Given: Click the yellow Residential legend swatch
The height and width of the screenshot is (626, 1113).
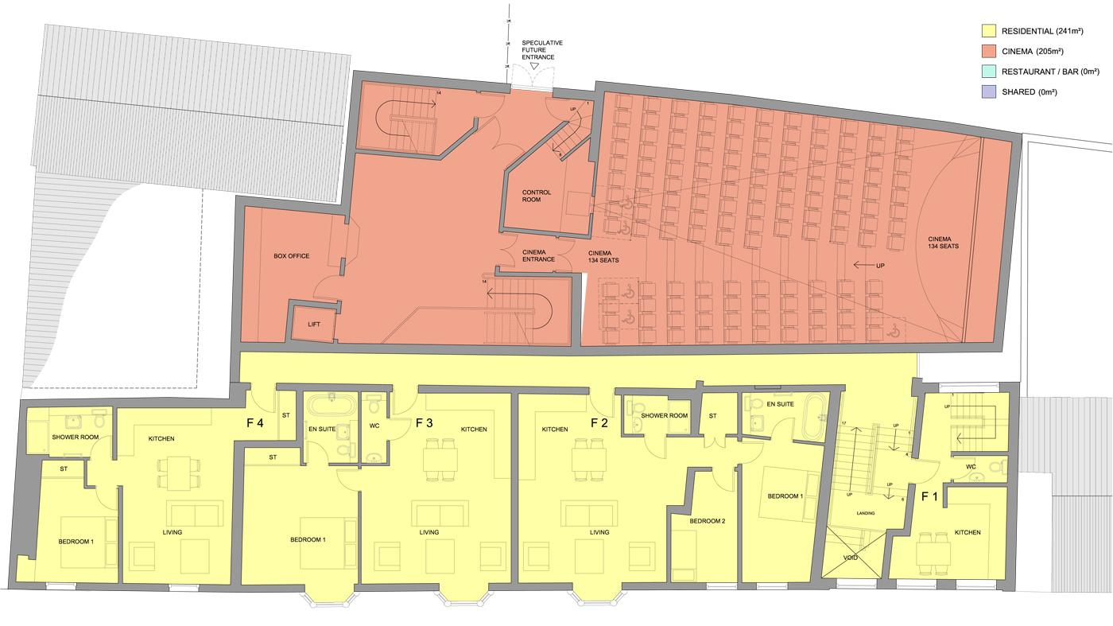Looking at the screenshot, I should pyautogui.click(x=989, y=32).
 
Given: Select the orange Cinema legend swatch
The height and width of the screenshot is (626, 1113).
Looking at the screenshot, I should pyautogui.click(x=989, y=52).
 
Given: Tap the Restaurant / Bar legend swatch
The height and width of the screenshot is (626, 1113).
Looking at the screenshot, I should pyautogui.click(x=989, y=72).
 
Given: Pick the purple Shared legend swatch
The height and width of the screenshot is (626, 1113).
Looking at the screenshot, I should pyautogui.click(x=989, y=92).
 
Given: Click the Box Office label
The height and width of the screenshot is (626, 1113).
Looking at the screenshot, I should pyautogui.click(x=291, y=256).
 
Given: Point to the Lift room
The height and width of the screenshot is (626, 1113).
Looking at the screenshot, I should pyautogui.click(x=313, y=324).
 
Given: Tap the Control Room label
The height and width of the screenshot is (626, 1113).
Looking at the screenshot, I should pyautogui.click(x=536, y=196).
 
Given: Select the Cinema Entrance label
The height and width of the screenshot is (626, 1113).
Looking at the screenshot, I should pyautogui.click(x=538, y=255).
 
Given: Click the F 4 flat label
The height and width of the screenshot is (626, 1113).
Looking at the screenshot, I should pyautogui.click(x=254, y=423).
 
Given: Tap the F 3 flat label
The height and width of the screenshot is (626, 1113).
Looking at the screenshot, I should pyautogui.click(x=425, y=423).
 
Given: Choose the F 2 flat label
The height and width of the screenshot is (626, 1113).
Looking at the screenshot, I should pyautogui.click(x=599, y=423).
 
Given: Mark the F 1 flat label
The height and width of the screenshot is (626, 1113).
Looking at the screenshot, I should pyautogui.click(x=929, y=496).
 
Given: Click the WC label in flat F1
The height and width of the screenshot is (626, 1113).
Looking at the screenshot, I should pyautogui.click(x=971, y=467).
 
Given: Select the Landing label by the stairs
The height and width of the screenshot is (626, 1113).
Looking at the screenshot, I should pyautogui.click(x=866, y=513).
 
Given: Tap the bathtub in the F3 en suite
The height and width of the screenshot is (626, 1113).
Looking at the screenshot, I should pyautogui.click(x=329, y=405).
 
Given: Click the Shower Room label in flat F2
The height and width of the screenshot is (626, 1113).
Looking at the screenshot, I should pyautogui.click(x=664, y=415).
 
